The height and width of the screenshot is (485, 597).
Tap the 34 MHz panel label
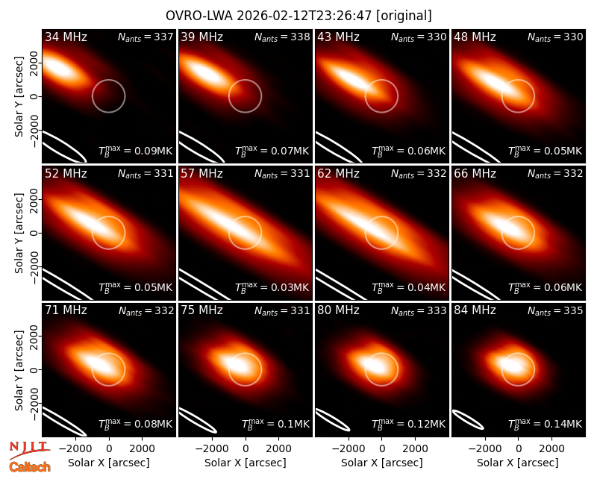[x=66, y=37]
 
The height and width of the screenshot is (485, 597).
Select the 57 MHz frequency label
[x=201, y=174]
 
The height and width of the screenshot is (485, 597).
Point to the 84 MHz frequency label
[x=475, y=310]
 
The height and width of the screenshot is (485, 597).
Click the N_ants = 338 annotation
[x=282, y=37]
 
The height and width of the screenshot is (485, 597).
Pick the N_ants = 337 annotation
[x=146, y=37]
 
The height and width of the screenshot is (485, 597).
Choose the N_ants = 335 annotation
[x=555, y=311]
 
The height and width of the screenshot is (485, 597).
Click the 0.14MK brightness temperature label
[x=546, y=424]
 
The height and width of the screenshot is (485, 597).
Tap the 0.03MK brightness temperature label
[x=272, y=287]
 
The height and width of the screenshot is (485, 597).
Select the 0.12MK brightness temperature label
[x=408, y=424]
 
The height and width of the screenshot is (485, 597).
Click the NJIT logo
[x=29, y=450]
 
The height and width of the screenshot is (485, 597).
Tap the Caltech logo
[x=30, y=467]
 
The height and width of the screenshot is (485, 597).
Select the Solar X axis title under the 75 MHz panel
[x=246, y=463]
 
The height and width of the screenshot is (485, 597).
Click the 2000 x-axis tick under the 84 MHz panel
[x=551, y=448]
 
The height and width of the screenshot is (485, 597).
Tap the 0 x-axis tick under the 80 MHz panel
[x=382, y=448]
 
